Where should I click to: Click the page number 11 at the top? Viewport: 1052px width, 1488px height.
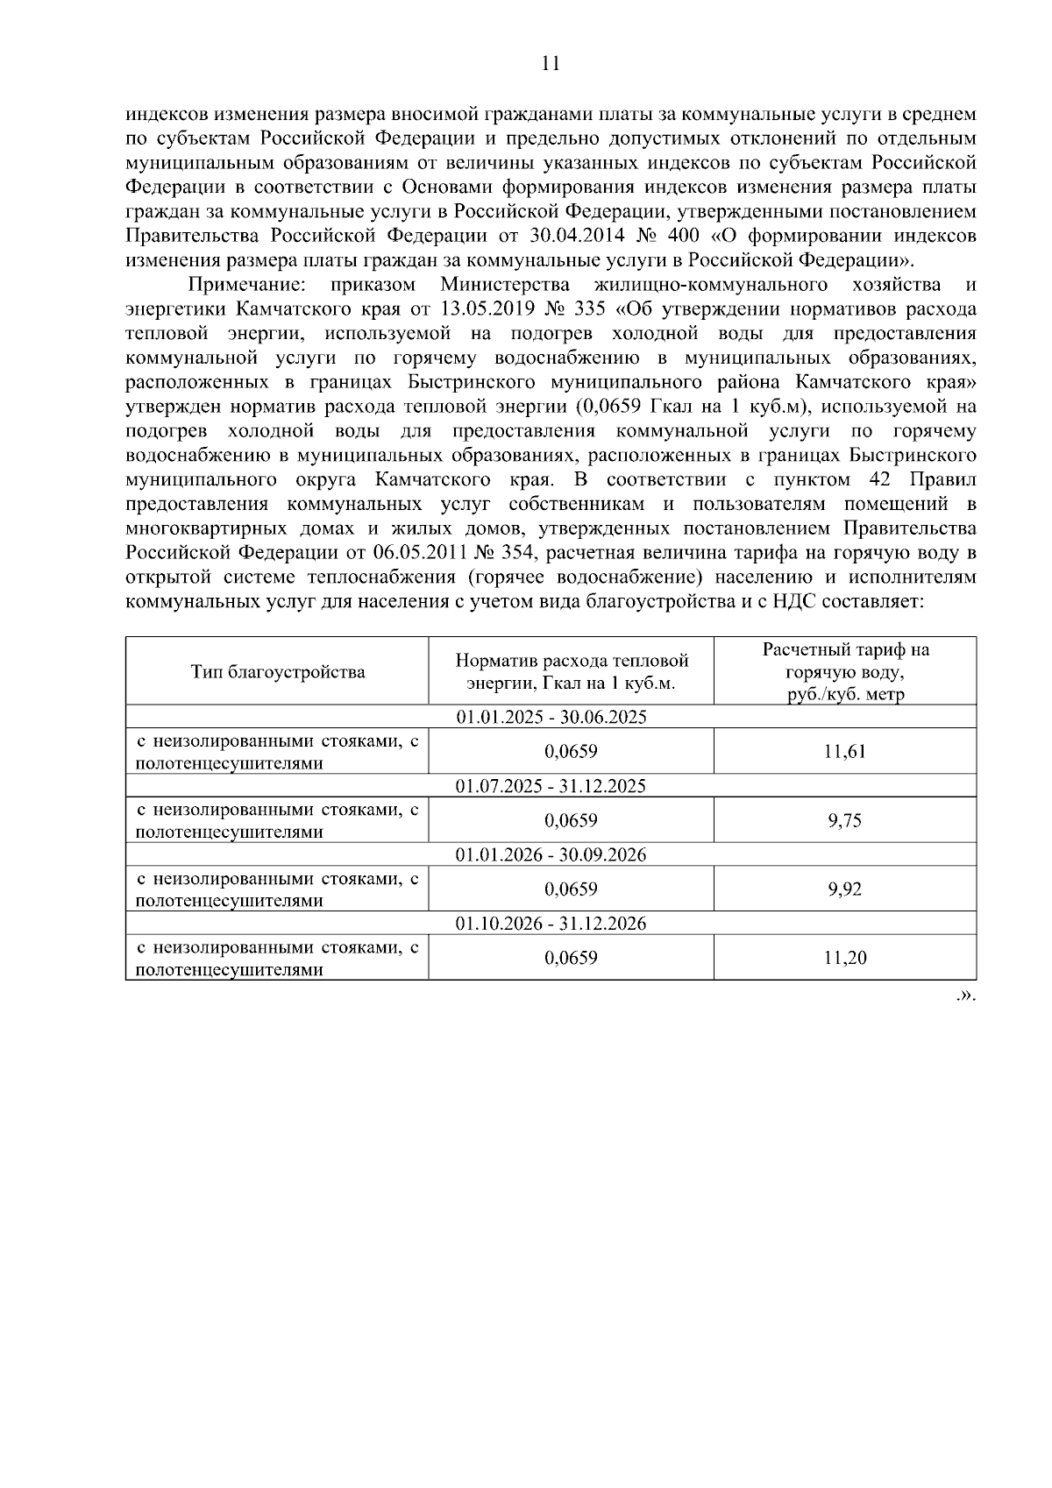pyautogui.click(x=551, y=63)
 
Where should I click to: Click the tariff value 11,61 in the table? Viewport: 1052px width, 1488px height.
pyautogui.click(x=844, y=752)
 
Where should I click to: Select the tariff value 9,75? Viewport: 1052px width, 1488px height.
pyautogui.click(x=844, y=821)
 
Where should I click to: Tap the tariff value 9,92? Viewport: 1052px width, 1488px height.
pyautogui.click(x=844, y=889)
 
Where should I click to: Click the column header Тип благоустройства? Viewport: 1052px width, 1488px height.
pyautogui.click(x=278, y=672)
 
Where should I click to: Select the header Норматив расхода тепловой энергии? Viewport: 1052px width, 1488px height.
pyautogui.click(x=572, y=672)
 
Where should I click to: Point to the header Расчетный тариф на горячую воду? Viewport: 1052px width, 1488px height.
pyautogui.click(x=844, y=671)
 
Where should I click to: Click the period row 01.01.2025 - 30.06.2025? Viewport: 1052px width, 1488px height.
pyautogui.click(x=551, y=717)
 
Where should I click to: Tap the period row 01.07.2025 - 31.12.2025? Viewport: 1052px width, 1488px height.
pyautogui.click(x=551, y=786)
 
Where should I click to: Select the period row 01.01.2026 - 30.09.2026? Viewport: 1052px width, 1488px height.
pyautogui.click(x=551, y=855)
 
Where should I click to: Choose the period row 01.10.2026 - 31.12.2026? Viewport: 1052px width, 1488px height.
pyautogui.click(x=551, y=924)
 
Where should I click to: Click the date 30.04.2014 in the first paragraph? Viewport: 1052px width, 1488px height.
pyautogui.click(x=572, y=236)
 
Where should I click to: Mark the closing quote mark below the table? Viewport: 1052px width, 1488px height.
pyautogui.click(x=966, y=996)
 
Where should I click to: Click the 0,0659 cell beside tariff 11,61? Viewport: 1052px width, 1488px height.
pyautogui.click(x=572, y=752)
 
